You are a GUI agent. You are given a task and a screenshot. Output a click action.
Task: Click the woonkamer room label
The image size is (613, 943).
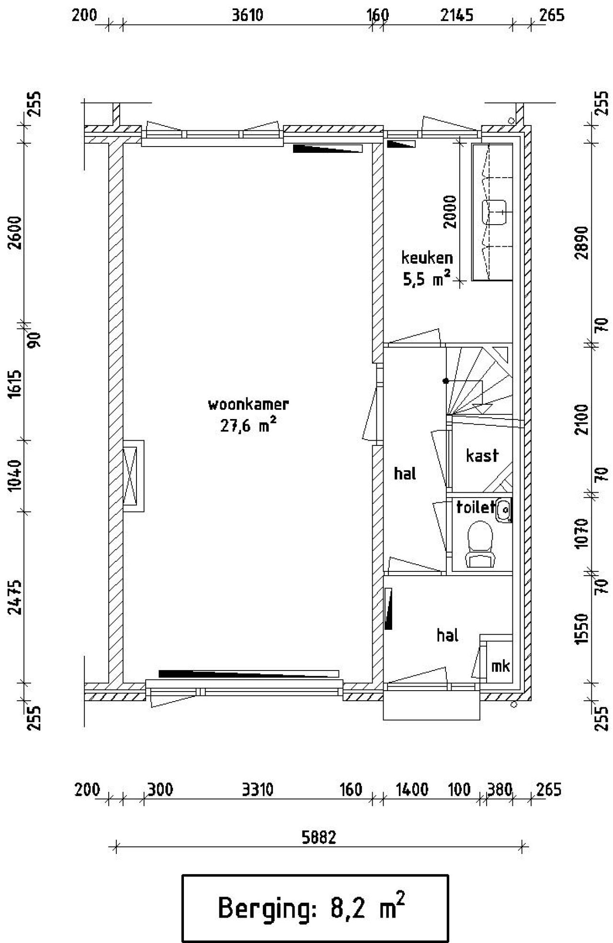248,404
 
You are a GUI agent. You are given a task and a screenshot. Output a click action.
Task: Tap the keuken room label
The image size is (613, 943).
427,258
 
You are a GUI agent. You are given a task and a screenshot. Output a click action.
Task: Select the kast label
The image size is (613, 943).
482,455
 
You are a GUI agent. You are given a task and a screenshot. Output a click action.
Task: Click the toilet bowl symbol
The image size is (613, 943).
480,544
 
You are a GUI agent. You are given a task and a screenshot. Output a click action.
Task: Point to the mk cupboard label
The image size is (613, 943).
500,666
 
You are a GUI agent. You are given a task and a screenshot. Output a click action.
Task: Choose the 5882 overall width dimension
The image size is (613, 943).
319,837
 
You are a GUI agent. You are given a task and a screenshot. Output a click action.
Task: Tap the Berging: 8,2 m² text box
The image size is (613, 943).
315,908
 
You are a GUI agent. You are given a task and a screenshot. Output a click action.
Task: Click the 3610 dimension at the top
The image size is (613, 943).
248,15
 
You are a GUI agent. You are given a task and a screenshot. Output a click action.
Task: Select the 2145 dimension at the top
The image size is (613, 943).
456,15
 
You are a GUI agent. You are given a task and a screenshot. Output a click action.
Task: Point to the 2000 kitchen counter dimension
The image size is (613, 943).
450,212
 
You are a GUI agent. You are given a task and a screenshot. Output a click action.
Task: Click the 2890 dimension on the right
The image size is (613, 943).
581,243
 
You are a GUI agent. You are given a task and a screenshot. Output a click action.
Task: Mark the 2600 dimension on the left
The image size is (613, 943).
15,232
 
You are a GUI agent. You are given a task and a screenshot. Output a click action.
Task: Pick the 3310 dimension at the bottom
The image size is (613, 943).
257,789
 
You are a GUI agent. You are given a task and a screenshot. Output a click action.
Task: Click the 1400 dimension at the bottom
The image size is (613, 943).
412,789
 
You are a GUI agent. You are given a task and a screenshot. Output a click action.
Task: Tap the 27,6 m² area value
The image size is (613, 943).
248,425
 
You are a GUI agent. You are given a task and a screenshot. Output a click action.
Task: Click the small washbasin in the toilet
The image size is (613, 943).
504,510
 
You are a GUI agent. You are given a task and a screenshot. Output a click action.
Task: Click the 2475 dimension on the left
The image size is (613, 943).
15,597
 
